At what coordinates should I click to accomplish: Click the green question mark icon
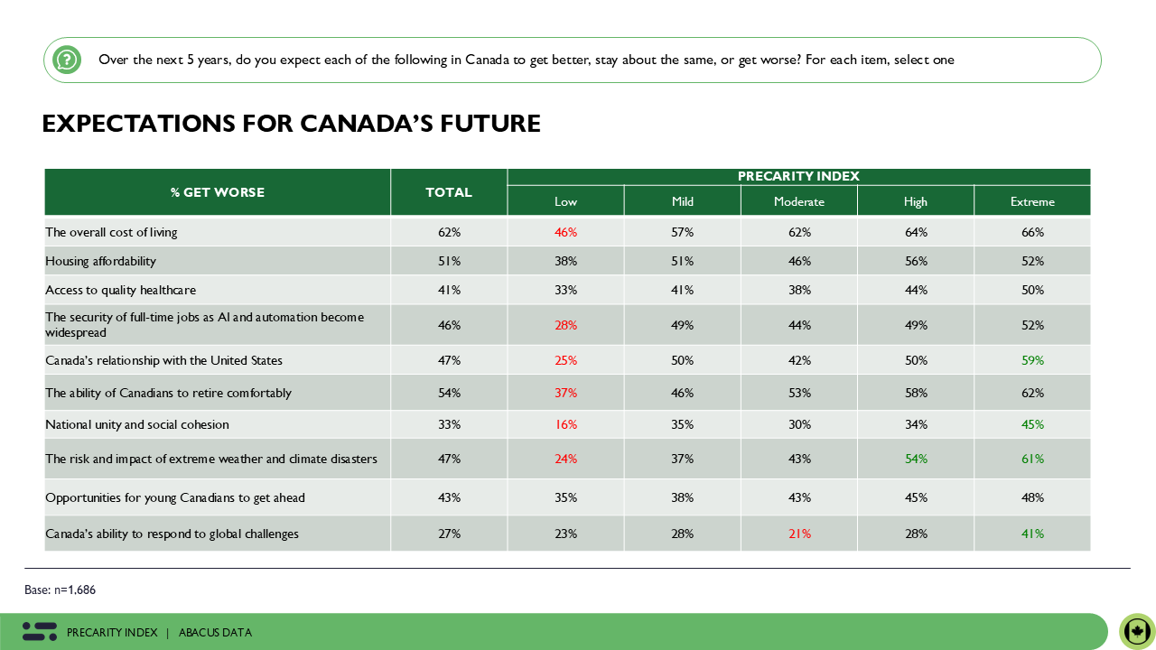[66, 60]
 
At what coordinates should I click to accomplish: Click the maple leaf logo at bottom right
[1137, 631]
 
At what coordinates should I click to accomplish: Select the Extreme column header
[1032, 201]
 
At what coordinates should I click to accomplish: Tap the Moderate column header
[798, 201]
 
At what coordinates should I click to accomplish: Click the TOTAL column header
[449, 192]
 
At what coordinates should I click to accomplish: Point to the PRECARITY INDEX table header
[798, 176]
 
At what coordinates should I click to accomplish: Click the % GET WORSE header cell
[218, 192]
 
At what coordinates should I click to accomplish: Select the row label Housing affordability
[101, 261]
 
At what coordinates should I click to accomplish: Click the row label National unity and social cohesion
[137, 424]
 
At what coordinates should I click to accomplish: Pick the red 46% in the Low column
[565, 232]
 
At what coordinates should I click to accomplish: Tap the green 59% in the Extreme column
[1032, 360]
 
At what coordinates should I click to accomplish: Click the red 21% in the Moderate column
[798, 534]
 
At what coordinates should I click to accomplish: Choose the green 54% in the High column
[916, 459]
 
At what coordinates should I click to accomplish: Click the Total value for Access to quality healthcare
[449, 290]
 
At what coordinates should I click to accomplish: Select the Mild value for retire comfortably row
[682, 393]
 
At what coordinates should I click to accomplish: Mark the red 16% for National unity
[565, 424]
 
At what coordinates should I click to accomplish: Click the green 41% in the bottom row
[1032, 534]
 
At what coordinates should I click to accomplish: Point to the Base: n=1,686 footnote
[60, 590]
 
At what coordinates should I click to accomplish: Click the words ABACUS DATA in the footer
[215, 633]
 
